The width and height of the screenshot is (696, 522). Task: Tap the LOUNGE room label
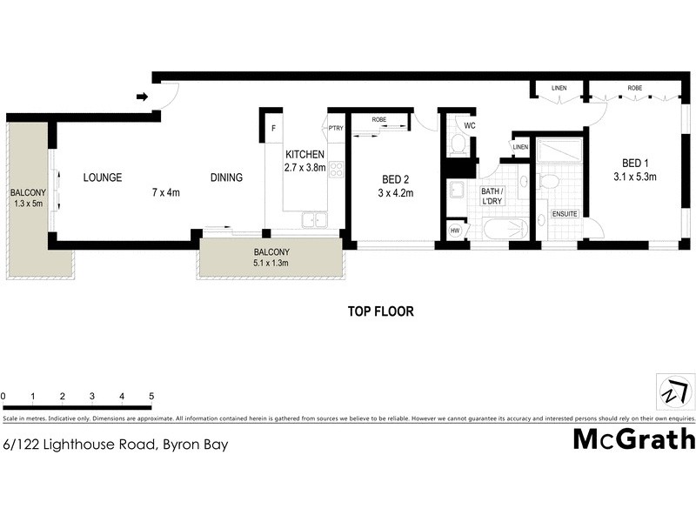click(x=103, y=177)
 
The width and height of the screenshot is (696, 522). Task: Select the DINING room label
click(x=226, y=177)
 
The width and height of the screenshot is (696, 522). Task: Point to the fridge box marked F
click(x=272, y=130)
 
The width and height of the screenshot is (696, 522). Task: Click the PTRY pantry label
click(x=336, y=130)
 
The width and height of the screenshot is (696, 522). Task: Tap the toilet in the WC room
click(x=458, y=144)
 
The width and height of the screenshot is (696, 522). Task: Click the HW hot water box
click(x=455, y=231)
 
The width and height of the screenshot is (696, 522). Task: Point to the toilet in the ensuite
click(x=547, y=181)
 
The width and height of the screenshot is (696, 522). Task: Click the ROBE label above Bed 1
click(x=635, y=88)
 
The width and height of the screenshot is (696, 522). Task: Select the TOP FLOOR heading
click(x=380, y=311)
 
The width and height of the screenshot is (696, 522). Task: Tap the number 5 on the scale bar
click(x=151, y=397)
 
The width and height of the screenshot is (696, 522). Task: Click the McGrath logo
click(x=633, y=439)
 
